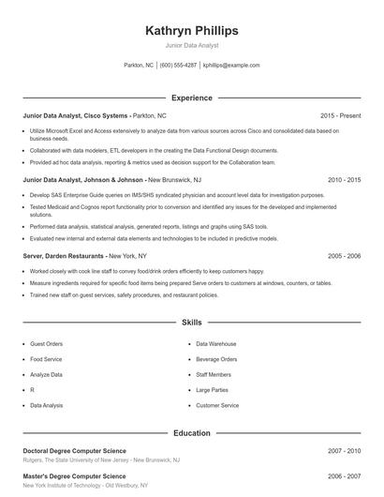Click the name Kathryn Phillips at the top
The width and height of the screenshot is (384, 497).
[192, 30]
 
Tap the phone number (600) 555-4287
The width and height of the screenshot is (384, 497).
[178, 66]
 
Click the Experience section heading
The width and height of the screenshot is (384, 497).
[192, 97]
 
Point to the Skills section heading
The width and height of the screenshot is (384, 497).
[192, 322]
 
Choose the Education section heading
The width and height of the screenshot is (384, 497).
[192, 433]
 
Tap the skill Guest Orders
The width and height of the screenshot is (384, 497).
[47, 344]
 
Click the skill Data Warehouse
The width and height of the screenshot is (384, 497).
[215, 344]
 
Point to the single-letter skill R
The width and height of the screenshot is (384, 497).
[32, 390]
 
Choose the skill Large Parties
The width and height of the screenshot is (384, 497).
[212, 390]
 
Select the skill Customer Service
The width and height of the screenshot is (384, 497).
[217, 406]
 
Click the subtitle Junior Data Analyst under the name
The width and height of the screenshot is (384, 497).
[192, 45]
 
